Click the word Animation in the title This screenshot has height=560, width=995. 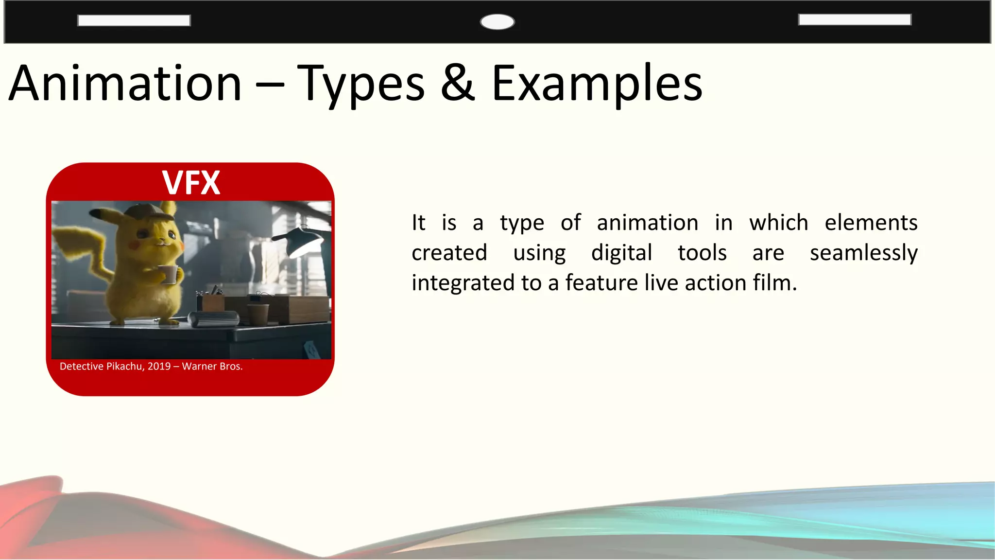pyautogui.click(x=125, y=84)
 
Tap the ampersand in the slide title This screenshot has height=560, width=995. pyautogui.click(x=458, y=84)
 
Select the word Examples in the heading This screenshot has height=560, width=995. pyautogui.click(x=597, y=84)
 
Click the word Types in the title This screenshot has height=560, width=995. pyautogui.click(x=360, y=84)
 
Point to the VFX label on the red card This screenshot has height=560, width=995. pyautogui.click(x=191, y=183)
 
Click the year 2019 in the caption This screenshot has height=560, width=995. pyautogui.click(x=159, y=367)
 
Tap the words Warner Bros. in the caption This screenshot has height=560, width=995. pyautogui.click(x=212, y=367)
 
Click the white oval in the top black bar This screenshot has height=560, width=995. pyautogui.click(x=497, y=22)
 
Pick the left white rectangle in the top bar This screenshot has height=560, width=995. pyautogui.click(x=134, y=20)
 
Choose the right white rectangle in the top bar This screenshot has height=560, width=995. pyautogui.click(x=855, y=19)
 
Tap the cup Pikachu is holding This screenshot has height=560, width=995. pyautogui.click(x=169, y=274)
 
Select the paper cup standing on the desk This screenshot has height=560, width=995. pyautogui.click(x=257, y=314)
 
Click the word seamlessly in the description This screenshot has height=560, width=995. pyautogui.click(x=863, y=253)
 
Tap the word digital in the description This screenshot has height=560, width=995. pyautogui.click(x=621, y=253)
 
